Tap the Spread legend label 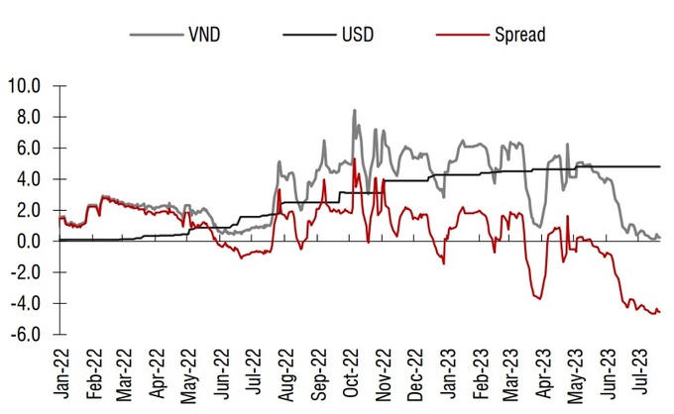519,34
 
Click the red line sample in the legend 459,35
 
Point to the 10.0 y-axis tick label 25,86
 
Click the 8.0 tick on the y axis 28,117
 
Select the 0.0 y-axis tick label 28,241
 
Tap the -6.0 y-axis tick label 26,334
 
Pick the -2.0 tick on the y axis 26,272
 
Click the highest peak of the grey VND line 354,110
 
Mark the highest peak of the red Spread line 354,158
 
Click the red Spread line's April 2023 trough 538,298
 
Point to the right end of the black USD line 659,166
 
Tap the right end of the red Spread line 659,311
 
